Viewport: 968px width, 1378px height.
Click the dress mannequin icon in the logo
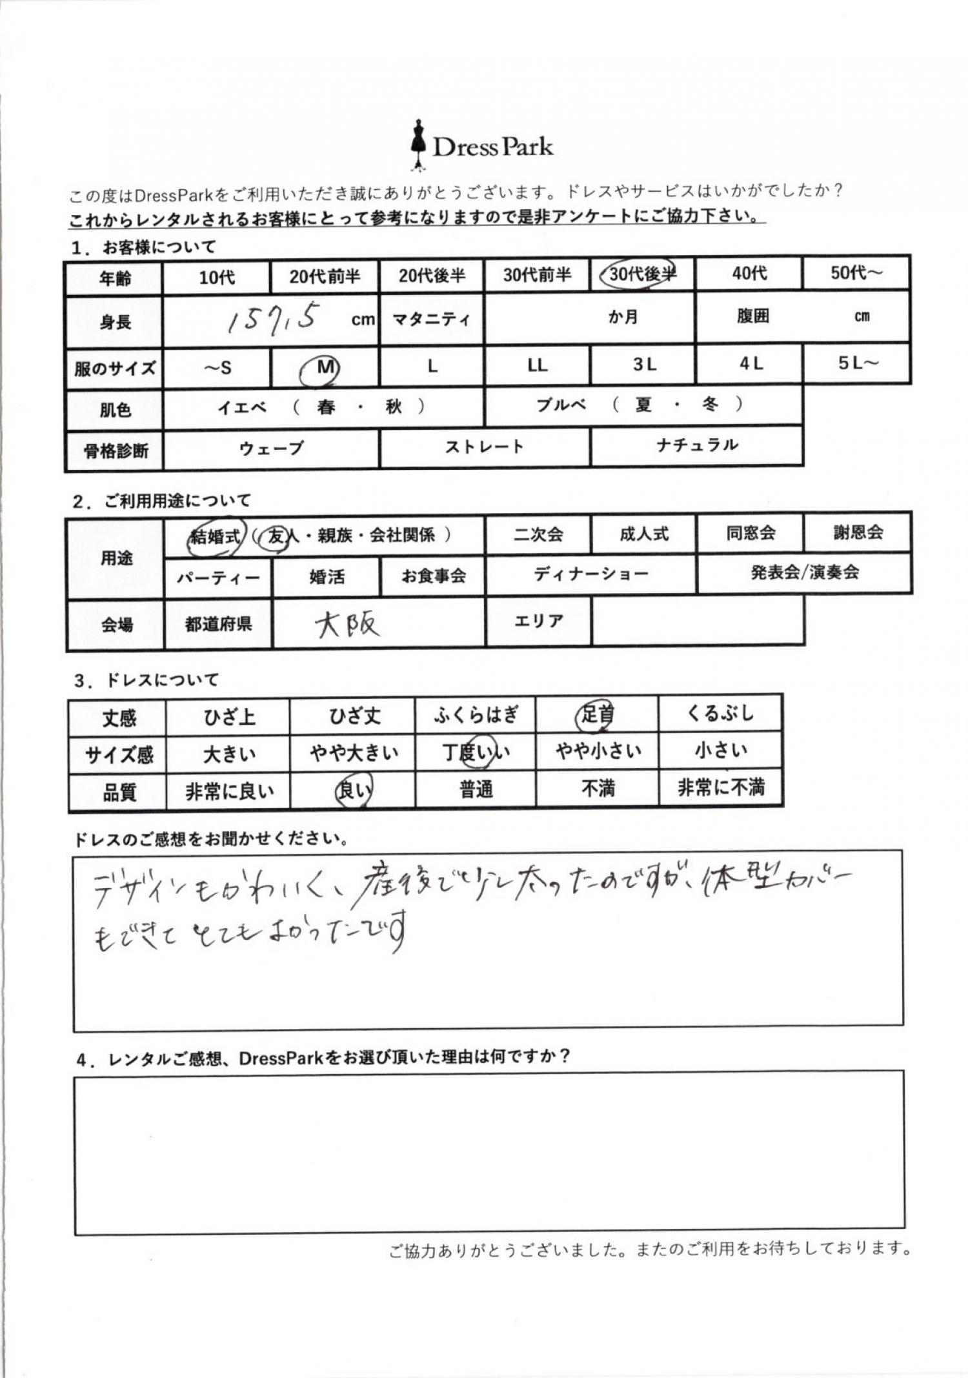419,145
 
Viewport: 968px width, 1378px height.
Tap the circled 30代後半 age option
641,275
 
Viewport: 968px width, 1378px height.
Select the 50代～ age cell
856,274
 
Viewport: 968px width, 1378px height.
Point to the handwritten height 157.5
274,319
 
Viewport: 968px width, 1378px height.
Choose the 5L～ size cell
858,363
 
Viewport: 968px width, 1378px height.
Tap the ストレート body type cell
484,447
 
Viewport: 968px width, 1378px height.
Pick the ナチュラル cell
697,445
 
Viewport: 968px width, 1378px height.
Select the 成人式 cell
643,534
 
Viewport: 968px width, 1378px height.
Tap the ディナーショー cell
590,574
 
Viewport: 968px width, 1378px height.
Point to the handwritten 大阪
347,624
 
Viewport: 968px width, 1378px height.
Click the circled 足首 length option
596,715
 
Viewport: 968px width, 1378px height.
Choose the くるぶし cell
720,714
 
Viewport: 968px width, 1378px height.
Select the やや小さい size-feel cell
598,751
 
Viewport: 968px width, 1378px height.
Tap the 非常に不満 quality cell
720,787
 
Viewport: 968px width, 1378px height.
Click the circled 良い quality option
353,790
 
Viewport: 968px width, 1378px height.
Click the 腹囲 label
752,316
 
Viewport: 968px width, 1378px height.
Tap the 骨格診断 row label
116,451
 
